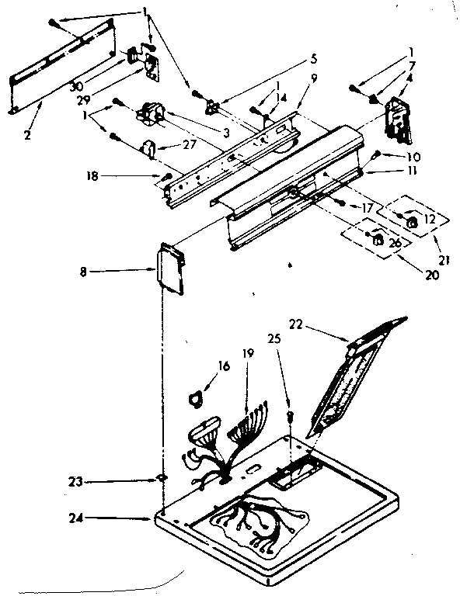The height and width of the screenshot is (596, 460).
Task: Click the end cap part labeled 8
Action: pyautogui.click(x=169, y=269)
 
